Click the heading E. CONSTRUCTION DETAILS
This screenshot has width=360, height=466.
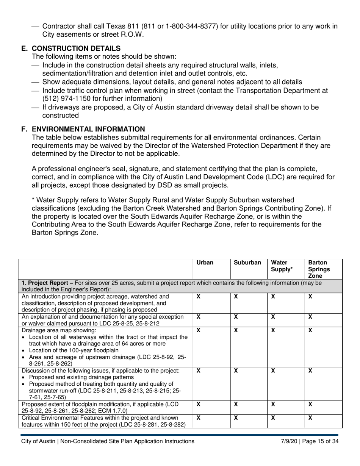click(71, 48)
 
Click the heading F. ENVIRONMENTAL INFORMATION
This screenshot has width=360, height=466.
click(83, 129)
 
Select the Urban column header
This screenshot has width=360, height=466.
click(205, 263)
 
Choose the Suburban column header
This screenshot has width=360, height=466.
click(247, 263)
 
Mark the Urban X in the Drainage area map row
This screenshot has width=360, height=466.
click(198, 330)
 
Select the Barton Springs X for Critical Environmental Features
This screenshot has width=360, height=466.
click(310, 418)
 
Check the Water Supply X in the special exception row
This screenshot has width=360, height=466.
click(273, 317)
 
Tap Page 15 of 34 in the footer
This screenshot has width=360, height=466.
click(322, 441)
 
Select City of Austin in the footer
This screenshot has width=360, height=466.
click(38, 441)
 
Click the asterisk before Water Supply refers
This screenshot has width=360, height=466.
click(33, 200)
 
